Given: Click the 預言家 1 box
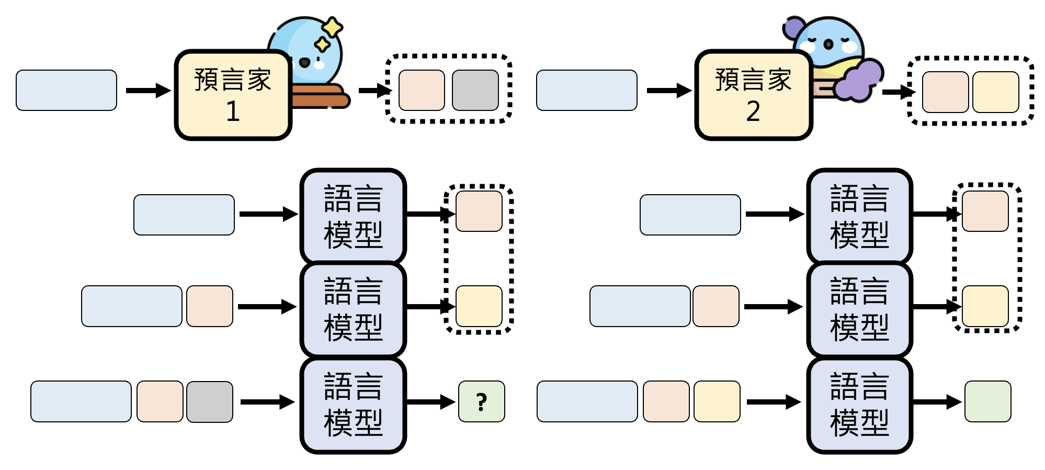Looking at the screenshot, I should (x=233, y=95).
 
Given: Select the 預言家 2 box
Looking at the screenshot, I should (x=753, y=95).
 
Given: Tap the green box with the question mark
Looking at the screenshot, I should (x=481, y=401).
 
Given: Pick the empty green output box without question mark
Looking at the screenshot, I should (x=987, y=401).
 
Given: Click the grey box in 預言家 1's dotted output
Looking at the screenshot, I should (x=475, y=90).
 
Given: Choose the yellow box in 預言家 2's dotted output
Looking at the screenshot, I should (x=996, y=92).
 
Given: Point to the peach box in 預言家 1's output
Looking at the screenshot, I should (x=422, y=90).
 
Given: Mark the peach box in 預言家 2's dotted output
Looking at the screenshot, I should (x=945, y=92).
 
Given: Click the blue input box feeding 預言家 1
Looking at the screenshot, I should (x=66, y=90).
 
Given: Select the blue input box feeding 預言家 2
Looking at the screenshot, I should (x=586, y=90).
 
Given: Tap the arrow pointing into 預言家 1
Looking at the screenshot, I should (x=148, y=91).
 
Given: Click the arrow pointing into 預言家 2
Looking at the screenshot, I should (x=668, y=91).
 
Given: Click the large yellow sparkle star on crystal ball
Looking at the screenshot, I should (x=332, y=27).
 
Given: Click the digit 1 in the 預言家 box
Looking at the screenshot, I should (x=233, y=111).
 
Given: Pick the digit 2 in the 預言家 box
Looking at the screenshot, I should (x=753, y=111).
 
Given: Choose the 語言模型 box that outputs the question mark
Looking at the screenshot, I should (x=353, y=405).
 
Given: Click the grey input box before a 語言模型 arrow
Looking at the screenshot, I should (x=210, y=401).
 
